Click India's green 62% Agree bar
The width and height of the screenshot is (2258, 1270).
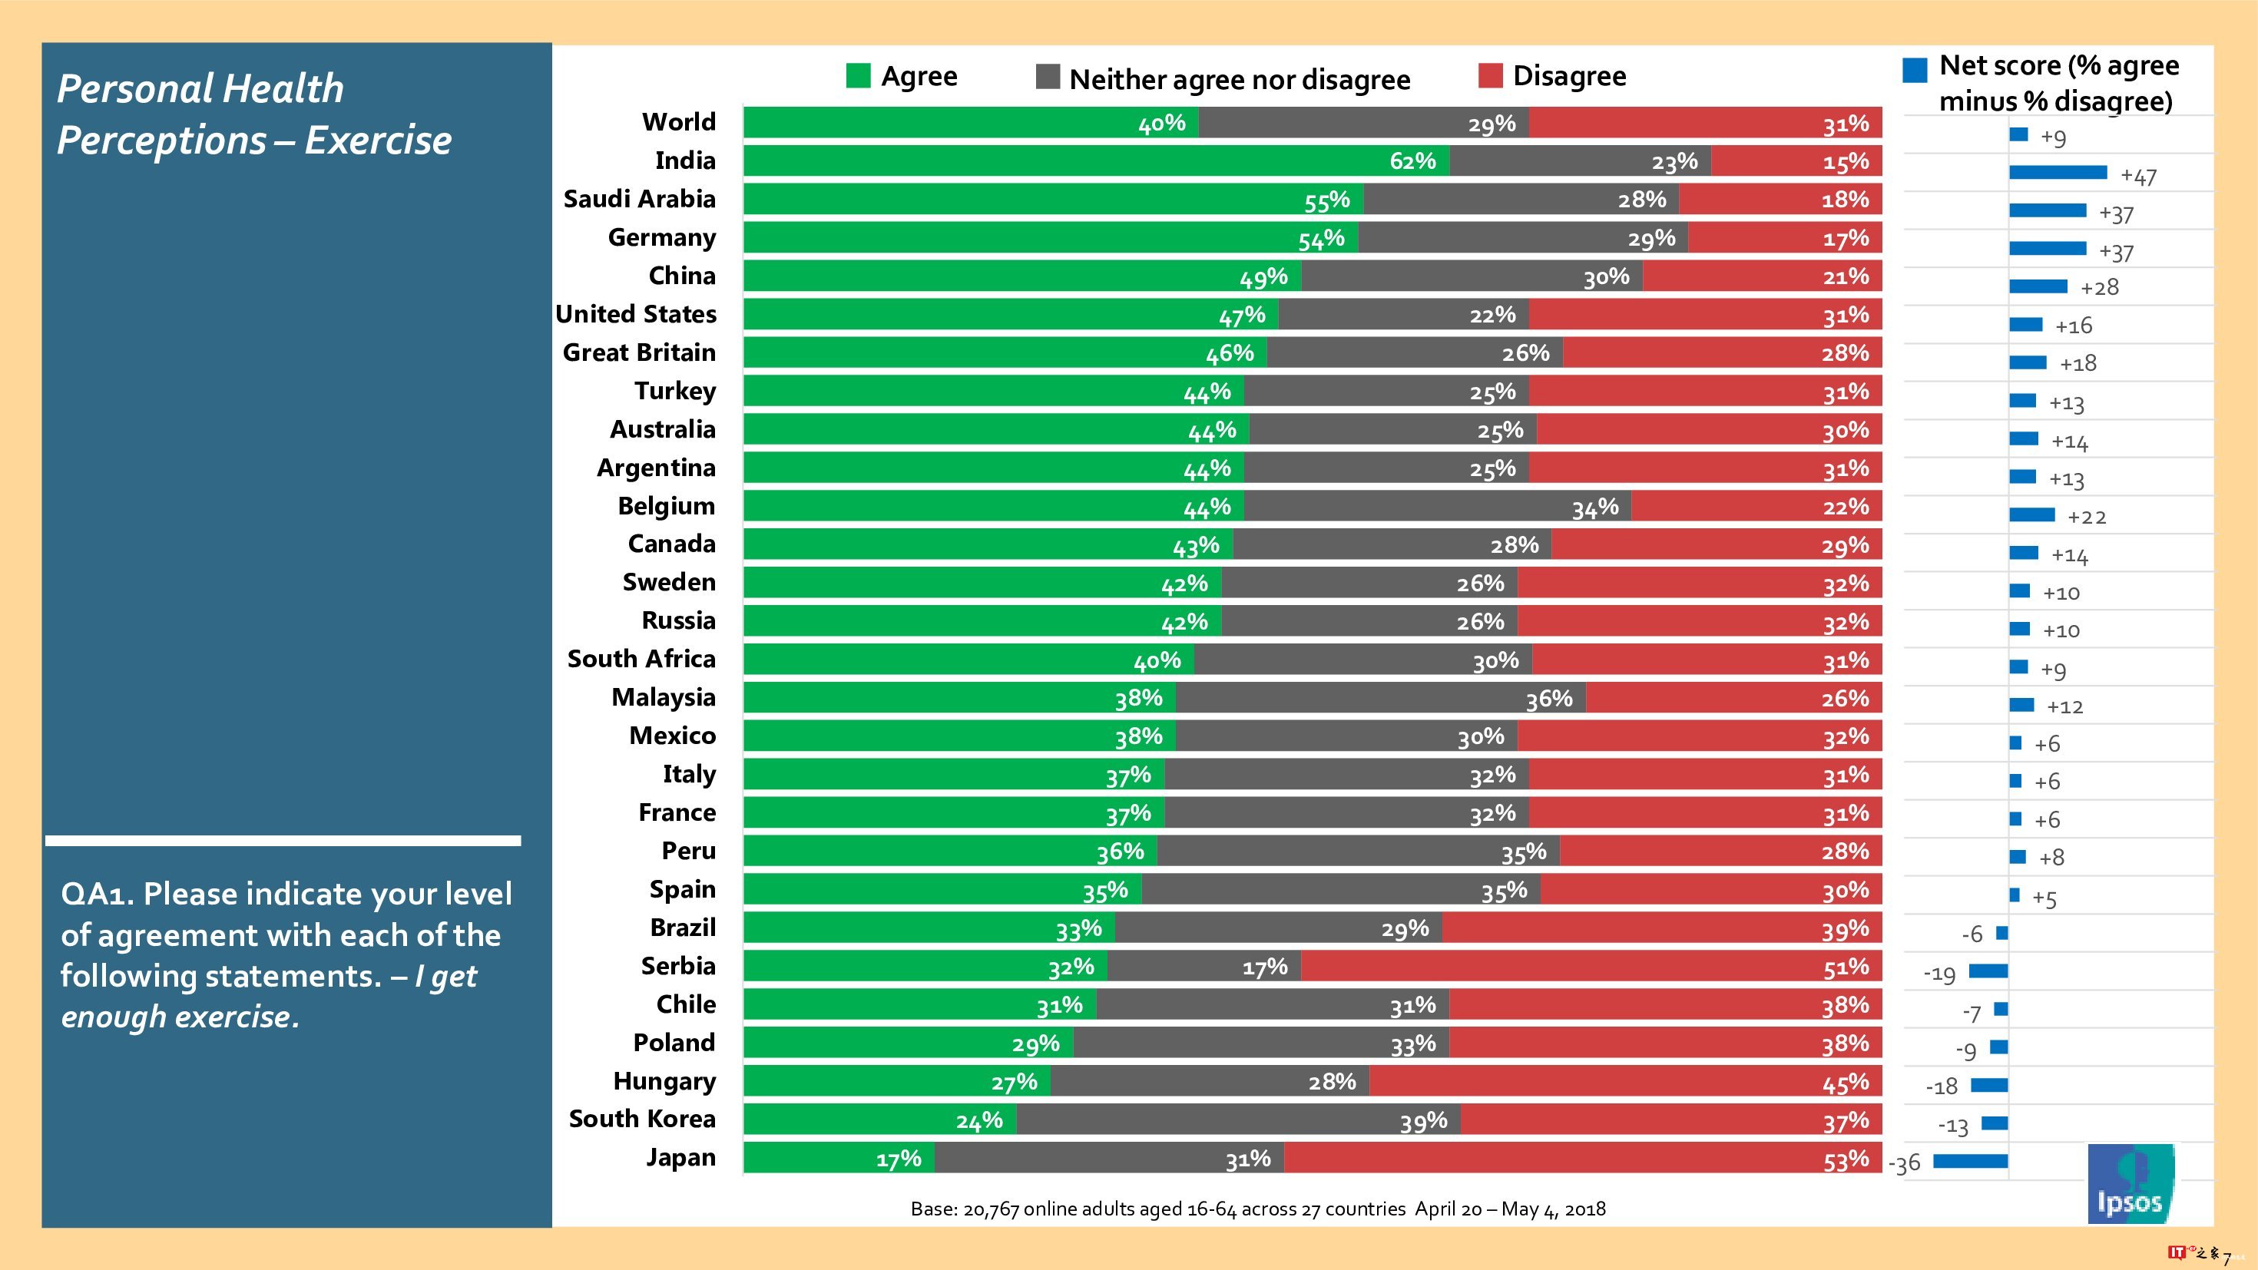(1096, 161)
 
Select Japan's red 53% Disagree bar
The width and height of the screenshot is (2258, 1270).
(1582, 1159)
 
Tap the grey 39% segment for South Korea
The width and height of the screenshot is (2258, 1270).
(1238, 1120)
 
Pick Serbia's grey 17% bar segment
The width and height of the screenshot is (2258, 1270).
(1203, 967)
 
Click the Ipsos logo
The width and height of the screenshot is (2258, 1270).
(2130, 1183)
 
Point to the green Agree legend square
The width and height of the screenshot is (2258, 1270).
(858, 76)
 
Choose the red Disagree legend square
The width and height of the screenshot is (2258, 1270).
(1490, 76)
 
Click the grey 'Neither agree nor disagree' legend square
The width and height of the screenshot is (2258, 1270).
(1048, 77)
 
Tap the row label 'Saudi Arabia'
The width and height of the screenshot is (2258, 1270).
(639, 199)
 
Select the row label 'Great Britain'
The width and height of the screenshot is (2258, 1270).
(639, 352)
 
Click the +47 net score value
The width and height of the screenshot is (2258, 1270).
(2138, 176)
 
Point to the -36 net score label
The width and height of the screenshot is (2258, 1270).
(1904, 1163)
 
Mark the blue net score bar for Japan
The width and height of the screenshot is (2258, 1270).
(1970, 1161)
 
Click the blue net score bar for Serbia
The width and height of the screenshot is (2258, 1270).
(1988, 971)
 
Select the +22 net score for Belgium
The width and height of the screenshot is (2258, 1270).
(2086, 517)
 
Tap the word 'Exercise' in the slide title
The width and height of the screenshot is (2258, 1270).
(378, 141)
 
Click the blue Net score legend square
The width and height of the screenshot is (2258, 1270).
(1915, 70)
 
